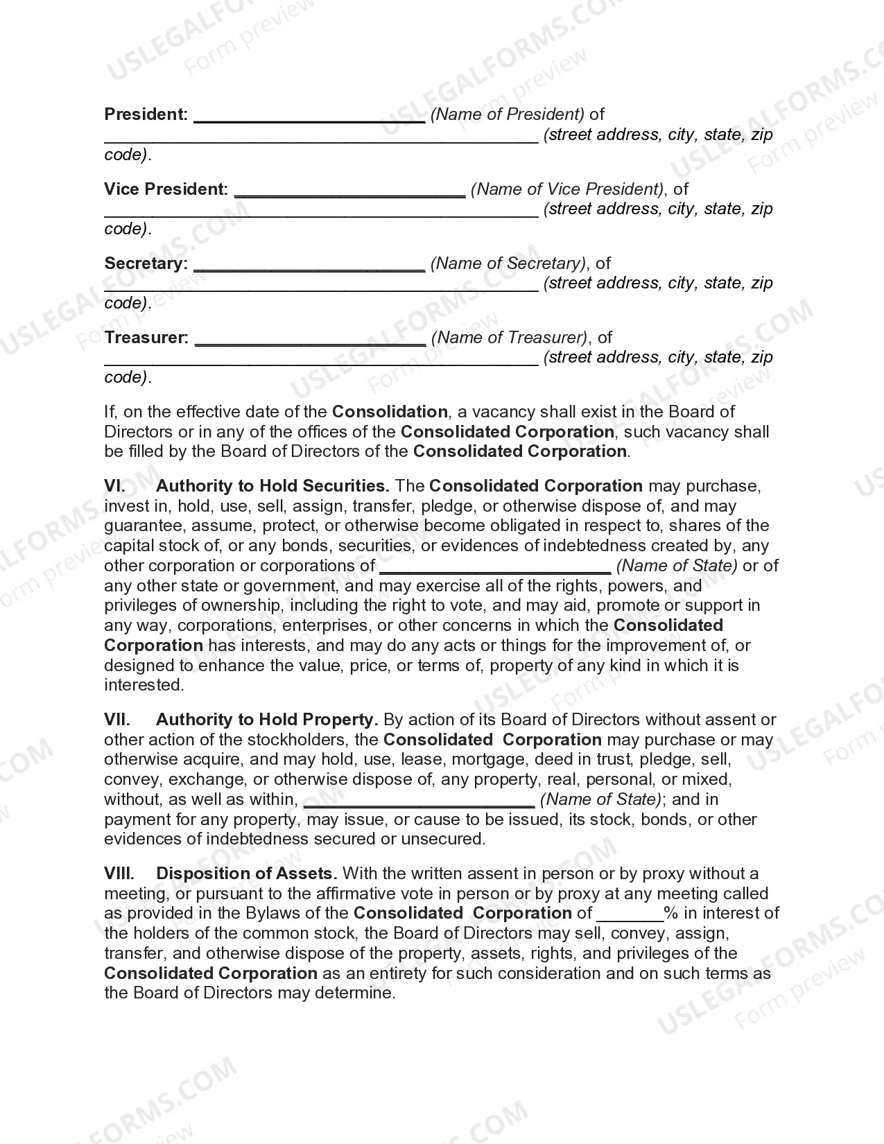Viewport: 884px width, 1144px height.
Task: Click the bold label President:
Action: click(x=146, y=114)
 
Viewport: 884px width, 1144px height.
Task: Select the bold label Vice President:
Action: click(x=166, y=189)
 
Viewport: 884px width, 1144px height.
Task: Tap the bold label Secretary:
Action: click(x=146, y=263)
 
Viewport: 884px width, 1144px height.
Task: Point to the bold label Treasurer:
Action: click(x=146, y=338)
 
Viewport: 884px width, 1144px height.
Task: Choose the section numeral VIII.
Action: click(x=119, y=874)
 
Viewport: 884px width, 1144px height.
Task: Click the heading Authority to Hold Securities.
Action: click(x=272, y=486)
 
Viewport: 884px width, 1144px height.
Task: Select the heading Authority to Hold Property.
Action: click(x=267, y=720)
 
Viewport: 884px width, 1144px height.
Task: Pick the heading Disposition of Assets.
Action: click(x=247, y=874)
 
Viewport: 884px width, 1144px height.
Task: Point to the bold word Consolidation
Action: click(x=390, y=412)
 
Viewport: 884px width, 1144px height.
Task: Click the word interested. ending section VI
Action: click(x=144, y=685)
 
